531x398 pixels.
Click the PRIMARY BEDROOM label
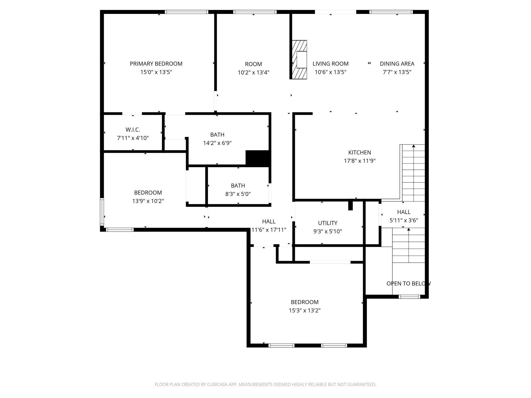tap(156, 64)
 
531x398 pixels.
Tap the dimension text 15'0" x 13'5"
tap(156, 72)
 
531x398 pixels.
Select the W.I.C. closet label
tap(133, 130)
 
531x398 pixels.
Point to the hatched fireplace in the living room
tap(299, 60)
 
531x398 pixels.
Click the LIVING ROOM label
tap(330, 64)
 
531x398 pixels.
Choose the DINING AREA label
tap(397, 64)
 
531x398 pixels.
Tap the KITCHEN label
tap(359, 153)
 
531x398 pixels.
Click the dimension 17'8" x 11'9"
tap(359, 161)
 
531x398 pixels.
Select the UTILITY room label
tap(328, 223)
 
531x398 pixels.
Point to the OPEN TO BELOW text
tap(408, 283)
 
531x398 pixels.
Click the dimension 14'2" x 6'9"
tap(217, 143)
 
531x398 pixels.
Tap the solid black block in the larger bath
tap(257, 158)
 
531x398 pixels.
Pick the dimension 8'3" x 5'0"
tap(238, 194)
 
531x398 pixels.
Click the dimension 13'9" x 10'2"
tap(148, 201)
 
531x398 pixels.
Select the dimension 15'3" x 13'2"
tap(305, 310)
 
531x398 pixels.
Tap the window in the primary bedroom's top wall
tap(186, 12)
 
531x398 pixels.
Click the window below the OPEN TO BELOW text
tap(409, 296)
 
